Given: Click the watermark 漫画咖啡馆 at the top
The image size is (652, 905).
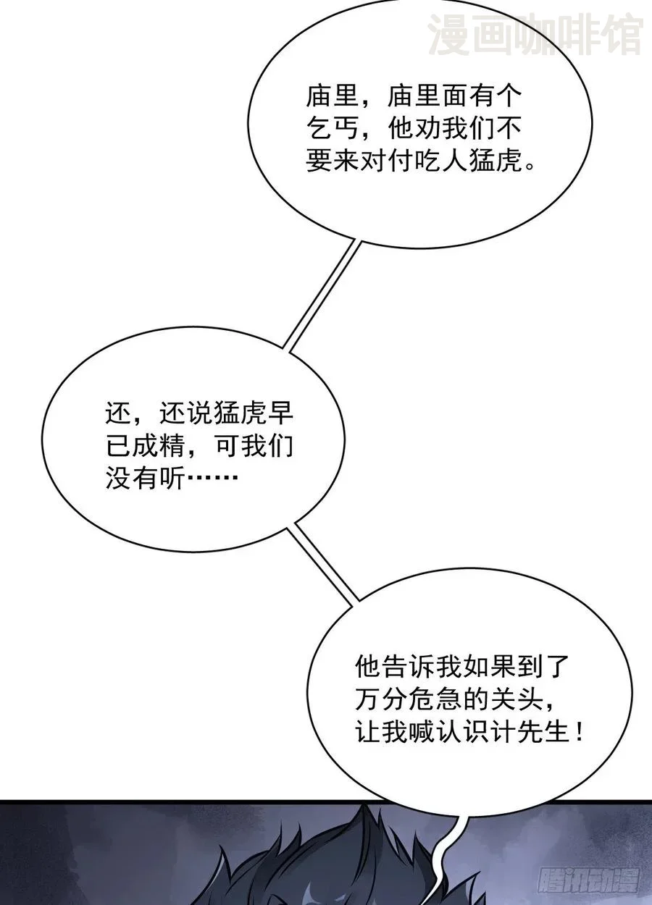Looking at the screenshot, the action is (535, 35).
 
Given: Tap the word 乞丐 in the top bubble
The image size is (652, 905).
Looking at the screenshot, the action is (333, 128).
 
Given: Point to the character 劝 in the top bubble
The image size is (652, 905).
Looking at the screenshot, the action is (428, 128).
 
